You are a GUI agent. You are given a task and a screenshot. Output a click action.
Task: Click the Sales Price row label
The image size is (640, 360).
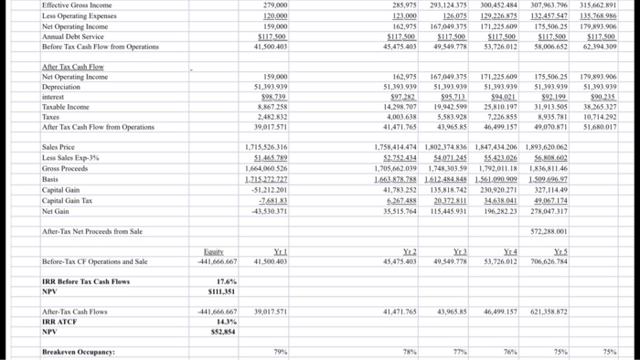(x=59, y=147)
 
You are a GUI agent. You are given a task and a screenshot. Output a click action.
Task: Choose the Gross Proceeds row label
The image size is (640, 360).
(x=65, y=167)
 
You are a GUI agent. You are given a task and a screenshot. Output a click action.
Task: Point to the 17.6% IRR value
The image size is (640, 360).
(x=223, y=282)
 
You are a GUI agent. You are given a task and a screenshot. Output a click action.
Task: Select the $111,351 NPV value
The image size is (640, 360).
(x=220, y=292)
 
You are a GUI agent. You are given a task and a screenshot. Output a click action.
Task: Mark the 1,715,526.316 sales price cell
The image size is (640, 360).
(x=266, y=147)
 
